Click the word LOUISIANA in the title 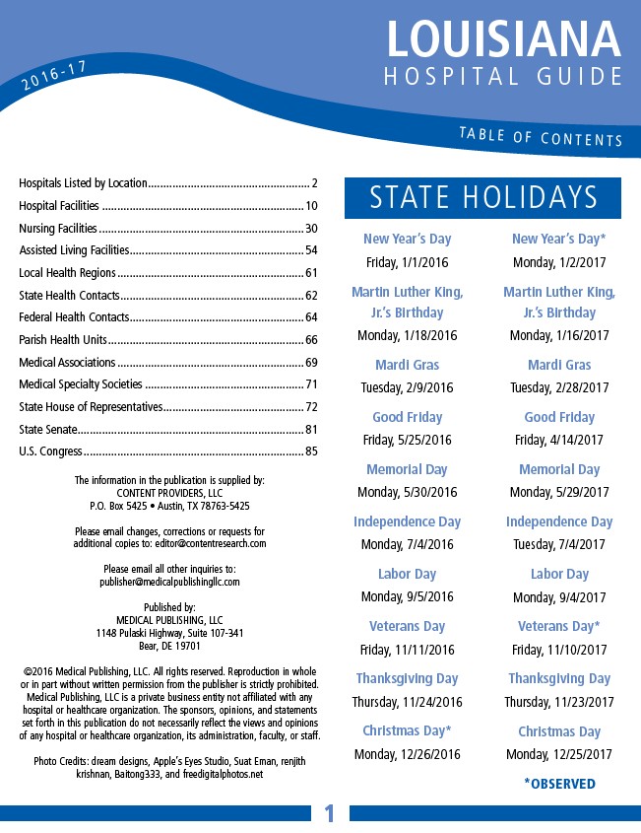(503, 38)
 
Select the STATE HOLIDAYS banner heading (482, 197)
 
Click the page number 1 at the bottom (329, 813)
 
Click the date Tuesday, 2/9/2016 (407, 387)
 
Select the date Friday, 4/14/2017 (559, 440)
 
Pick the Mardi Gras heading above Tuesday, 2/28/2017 (559, 365)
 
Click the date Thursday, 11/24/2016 (407, 702)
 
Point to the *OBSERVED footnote (559, 784)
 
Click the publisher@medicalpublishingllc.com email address (169, 582)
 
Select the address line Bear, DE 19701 (169, 646)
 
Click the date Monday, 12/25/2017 (559, 754)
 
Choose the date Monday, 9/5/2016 (407, 596)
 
